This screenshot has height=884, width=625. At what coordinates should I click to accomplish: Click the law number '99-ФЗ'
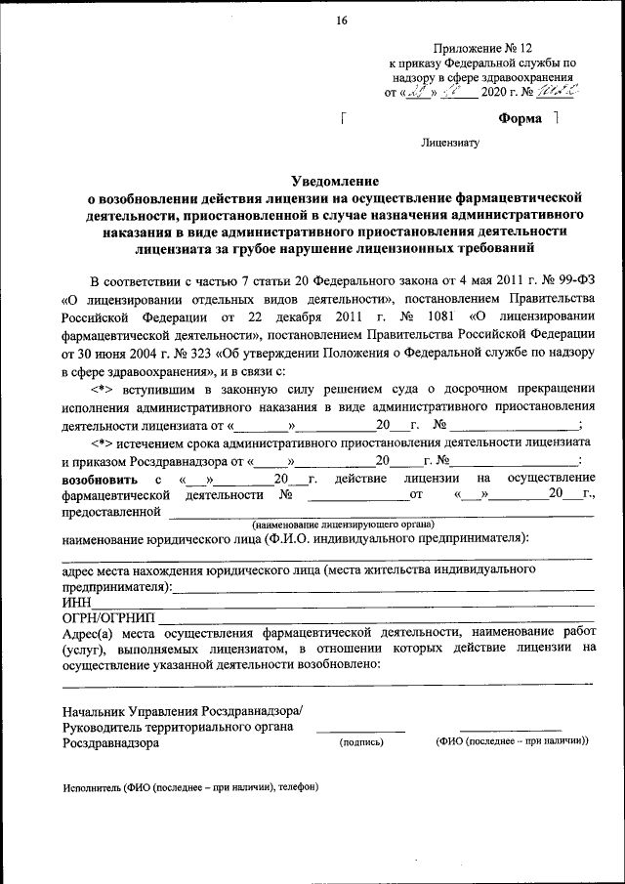pyautogui.click(x=577, y=279)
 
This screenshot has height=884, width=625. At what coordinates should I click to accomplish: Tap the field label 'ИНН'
pyautogui.click(x=76, y=604)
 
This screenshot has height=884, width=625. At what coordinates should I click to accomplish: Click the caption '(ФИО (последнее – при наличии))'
pyautogui.click(x=512, y=741)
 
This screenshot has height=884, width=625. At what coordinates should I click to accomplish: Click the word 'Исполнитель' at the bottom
pyautogui.click(x=91, y=786)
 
